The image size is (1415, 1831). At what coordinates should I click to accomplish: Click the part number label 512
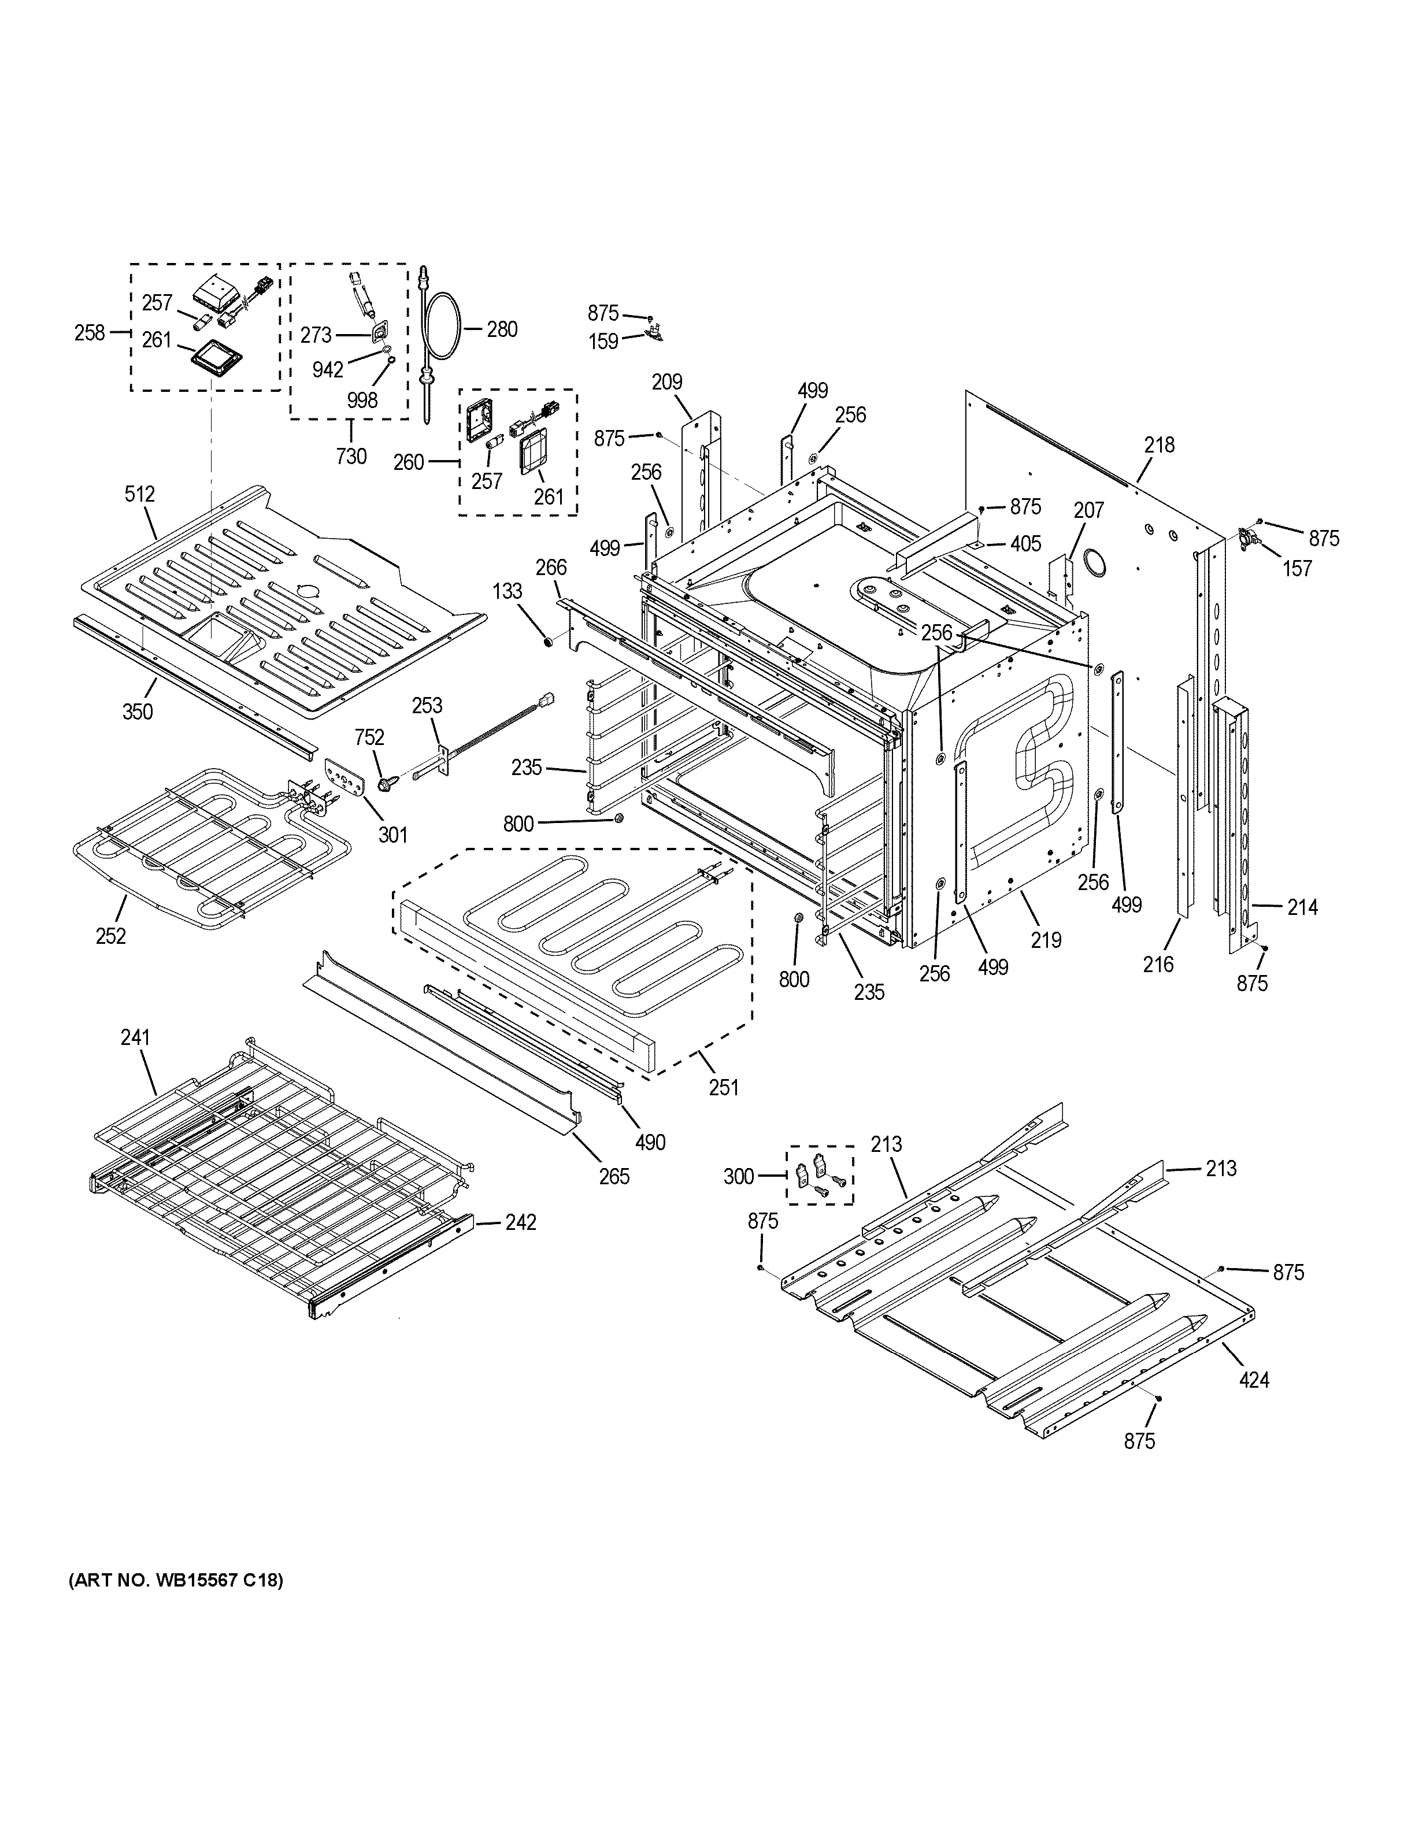pyautogui.click(x=140, y=494)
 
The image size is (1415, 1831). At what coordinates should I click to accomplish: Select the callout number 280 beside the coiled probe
pyautogui.click(x=502, y=329)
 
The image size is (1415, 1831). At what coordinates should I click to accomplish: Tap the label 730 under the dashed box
pyautogui.click(x=351, y=456)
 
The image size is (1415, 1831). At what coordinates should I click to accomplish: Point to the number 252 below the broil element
pyautogui.click(x=110, y=936)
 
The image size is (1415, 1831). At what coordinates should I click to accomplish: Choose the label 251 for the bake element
pyautogui.click(x=724, y=1087)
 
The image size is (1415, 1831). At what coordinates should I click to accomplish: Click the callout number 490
pyautogui.click(x=650, y=1142)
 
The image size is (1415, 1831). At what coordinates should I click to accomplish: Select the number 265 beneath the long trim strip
pyautogui.click(x=614, y=1176)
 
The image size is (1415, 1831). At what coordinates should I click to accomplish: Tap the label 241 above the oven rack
pyautogui.click(x=135, y=1037)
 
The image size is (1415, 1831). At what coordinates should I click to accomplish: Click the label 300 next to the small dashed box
pyautogui.click(x=739, y=1177)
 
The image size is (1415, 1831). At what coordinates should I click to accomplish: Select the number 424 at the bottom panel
pyautogui.click(x=1254, y=1379)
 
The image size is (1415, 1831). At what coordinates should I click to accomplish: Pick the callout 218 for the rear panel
pyautogui.click(x=1160, y=445)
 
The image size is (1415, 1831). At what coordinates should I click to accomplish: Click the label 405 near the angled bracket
pyautogui.click(x=1025, y=544)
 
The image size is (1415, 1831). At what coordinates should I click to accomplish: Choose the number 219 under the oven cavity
pyautogui.click(x=1046, y=940)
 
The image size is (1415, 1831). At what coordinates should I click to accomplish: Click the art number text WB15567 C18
pyautogui.click(x=175, y=1580)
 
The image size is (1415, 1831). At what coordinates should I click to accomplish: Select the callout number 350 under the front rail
pyautogui.click(x=138, y=712)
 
